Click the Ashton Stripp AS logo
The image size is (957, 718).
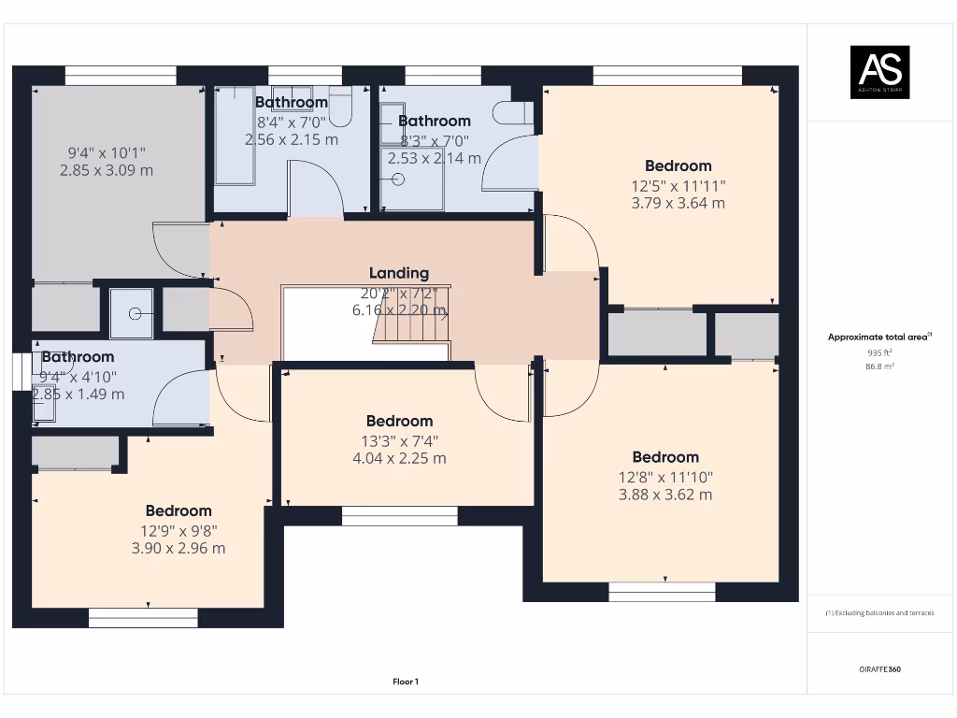(878, 72)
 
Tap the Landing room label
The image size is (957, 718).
(399, 273)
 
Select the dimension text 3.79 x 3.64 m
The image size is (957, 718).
(678, 203)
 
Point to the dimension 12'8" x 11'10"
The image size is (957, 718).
(665, 476)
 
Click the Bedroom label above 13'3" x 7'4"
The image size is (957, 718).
(399, 421)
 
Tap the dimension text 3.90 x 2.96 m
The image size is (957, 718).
(179, 548)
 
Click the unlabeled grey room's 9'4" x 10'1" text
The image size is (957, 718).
(106, 152)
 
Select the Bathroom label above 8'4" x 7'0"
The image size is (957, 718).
(292, 102)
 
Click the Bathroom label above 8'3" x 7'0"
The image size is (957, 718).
(435, 121)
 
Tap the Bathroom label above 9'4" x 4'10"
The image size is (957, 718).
(78, 357)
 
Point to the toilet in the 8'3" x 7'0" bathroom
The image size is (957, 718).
(512, 113)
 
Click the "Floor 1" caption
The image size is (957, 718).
(406, 682)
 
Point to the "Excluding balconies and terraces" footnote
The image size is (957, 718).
(880, 613)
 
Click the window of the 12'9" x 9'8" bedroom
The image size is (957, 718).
(143, 618)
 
